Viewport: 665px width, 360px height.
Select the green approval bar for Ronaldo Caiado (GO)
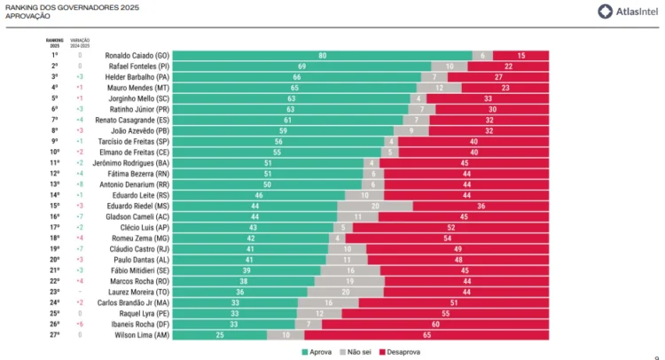point(322,55)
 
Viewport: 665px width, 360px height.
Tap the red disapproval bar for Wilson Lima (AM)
point(426,335)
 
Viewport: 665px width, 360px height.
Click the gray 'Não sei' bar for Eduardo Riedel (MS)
point(374,206)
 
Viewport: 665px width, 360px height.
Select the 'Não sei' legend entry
point(355,352)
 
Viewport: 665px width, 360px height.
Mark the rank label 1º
point(54,55)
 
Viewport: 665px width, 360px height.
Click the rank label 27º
point(54,335)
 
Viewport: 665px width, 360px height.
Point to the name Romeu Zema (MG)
point(145,238)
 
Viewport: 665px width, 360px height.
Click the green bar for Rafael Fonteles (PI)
point(301,66)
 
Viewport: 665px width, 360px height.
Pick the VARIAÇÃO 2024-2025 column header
point(80,42)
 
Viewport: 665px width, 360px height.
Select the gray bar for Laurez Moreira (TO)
point(345,292)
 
